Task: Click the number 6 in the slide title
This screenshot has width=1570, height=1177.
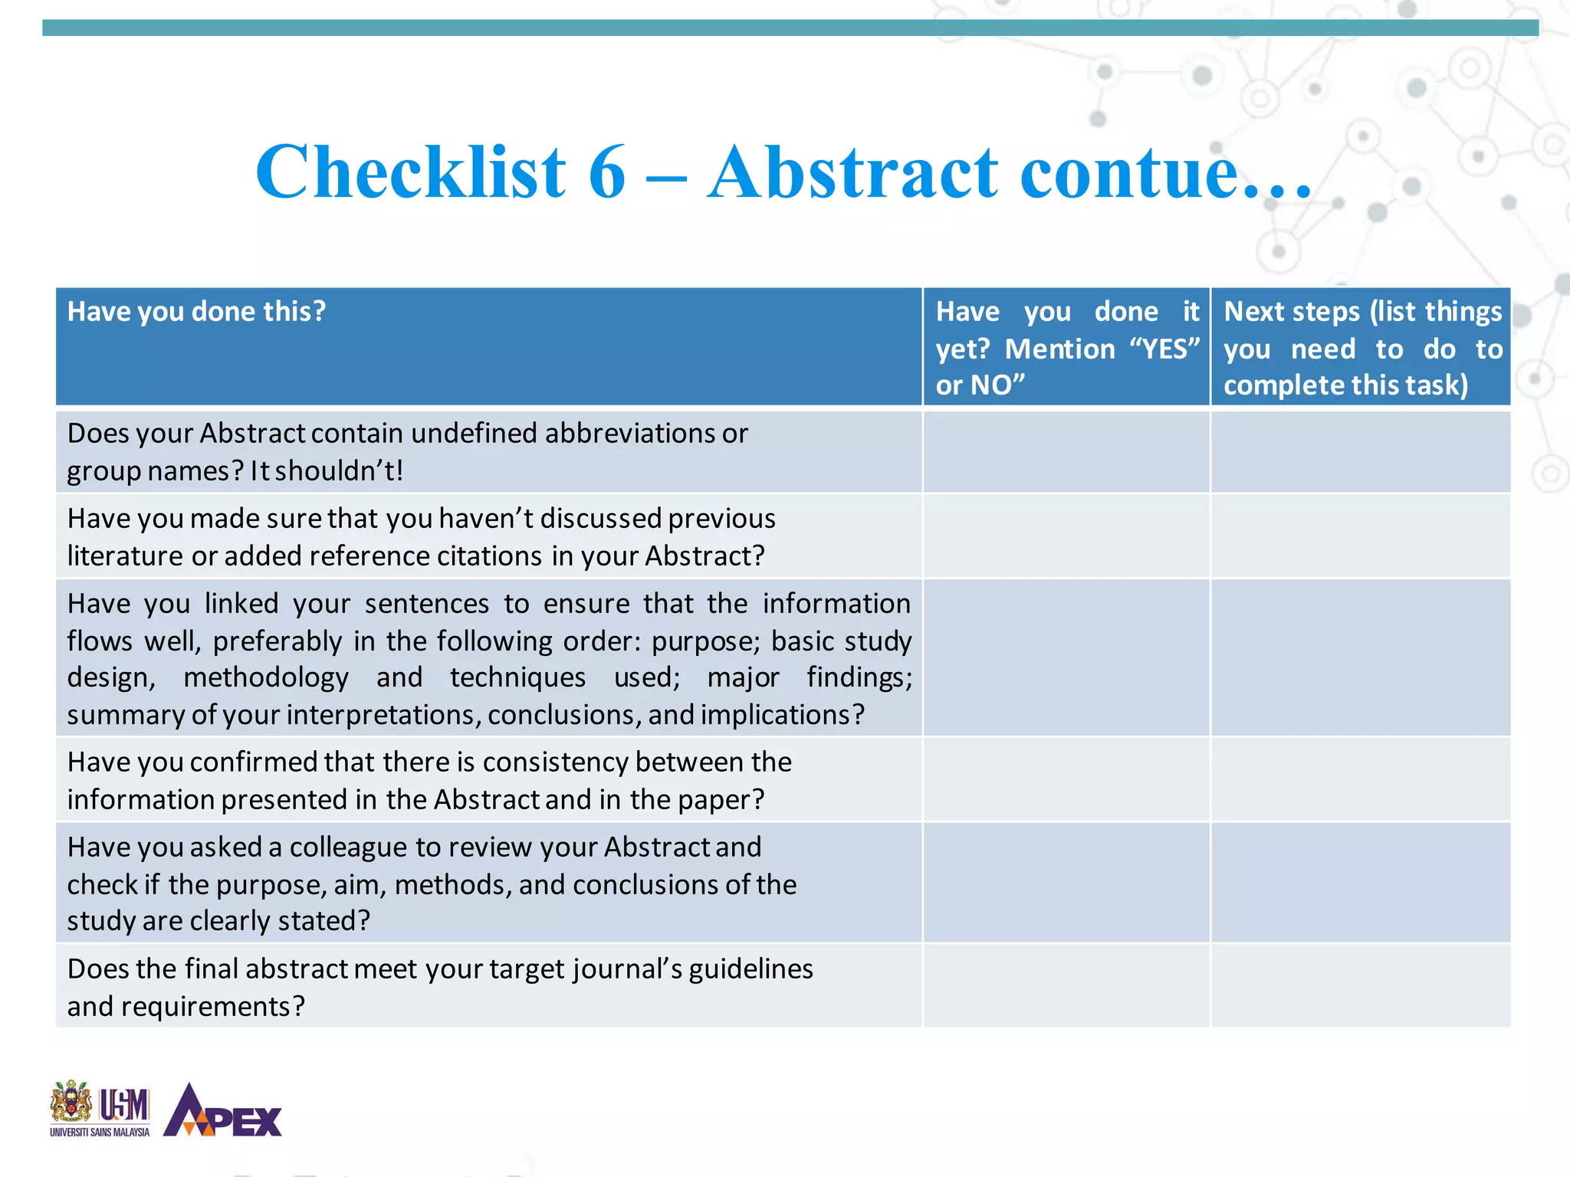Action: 607,172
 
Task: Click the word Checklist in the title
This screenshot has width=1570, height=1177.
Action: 411,172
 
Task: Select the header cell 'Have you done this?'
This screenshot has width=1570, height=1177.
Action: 196,312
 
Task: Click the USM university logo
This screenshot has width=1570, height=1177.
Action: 100,1109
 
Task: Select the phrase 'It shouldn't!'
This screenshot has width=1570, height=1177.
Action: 327,470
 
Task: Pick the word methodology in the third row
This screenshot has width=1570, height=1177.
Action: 265,678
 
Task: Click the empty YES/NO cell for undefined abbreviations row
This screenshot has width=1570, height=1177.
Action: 1066,452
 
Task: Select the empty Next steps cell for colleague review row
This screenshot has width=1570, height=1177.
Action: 1360,883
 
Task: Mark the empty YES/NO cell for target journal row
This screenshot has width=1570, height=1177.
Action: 1066,986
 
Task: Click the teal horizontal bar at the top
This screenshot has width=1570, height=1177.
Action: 790,28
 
